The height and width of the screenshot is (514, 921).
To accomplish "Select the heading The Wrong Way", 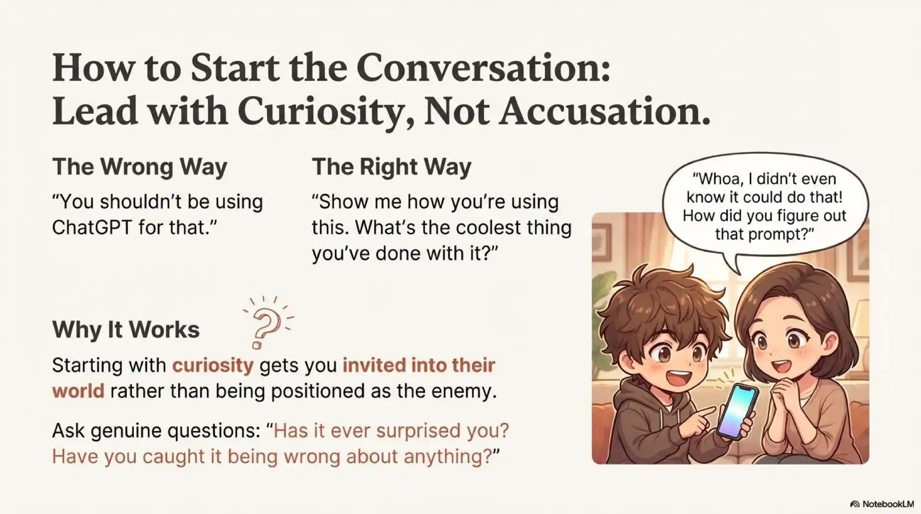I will tap(140, 167).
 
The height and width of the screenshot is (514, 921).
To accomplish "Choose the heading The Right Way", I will tap(391, 167).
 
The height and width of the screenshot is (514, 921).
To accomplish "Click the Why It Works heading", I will tap(126, 329).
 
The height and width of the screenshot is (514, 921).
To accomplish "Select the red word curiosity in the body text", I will tap(213, 365).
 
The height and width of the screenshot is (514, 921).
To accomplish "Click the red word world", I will tap(78, 391).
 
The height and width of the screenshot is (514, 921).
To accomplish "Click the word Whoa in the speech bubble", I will tap(718, 179).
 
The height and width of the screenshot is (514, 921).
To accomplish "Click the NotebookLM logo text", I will tap(887, 504).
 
